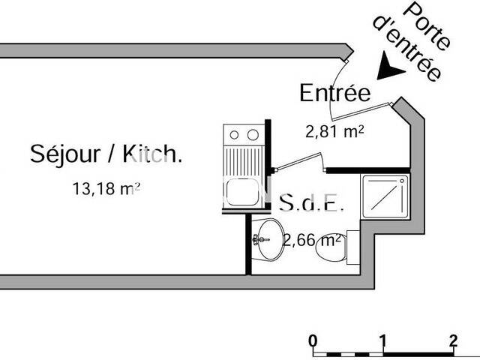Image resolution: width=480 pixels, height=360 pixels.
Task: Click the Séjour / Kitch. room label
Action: [x=106, y=154]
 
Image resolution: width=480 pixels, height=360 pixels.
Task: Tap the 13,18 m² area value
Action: [x=106, y=188]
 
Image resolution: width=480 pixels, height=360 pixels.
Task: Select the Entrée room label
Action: [x=335, y=92]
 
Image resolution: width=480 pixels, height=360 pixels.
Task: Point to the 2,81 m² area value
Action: [x=335, y=132]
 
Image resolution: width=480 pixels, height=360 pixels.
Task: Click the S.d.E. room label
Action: [x=312, y=202]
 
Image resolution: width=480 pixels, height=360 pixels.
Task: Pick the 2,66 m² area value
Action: [x=312, y=240]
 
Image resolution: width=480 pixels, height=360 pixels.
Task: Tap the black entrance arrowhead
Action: [x=388, y=67]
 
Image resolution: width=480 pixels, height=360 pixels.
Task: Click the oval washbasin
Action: [x=271, y=239]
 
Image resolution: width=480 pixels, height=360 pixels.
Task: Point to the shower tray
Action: [x=385, y=196]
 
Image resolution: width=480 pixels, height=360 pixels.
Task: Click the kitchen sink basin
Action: [x=243, y=192]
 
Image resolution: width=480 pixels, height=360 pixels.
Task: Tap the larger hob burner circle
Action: [x=253, y=135]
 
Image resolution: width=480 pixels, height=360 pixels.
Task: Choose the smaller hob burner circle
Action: [x=234, y=135]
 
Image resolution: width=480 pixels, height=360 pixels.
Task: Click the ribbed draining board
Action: [x=243, y=161]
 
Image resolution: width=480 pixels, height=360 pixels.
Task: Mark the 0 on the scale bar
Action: [x=313, y=340]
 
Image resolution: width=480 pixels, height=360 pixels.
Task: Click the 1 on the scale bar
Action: [x=382, y=340]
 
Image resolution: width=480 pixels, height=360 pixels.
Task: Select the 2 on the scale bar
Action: [x=453, y=340]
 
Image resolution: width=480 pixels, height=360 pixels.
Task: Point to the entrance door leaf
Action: [x=362, y=112]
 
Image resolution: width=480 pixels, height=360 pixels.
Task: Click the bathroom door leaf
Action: [x=298, y=161]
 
